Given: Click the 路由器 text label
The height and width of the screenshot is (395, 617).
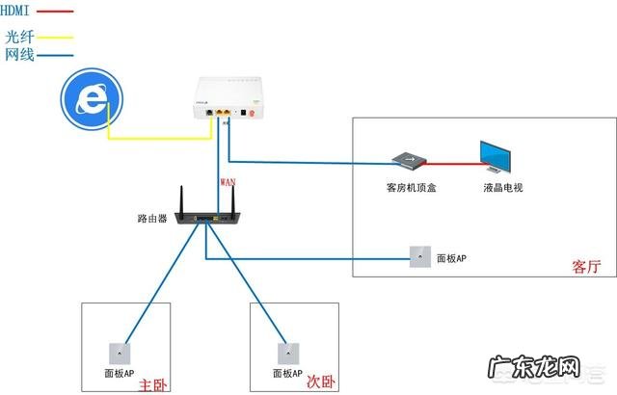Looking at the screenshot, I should click(x=153, y=219).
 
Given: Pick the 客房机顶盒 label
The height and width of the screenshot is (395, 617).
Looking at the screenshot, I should click(x=404, y=188).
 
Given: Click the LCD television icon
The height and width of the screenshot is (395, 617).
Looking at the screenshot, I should click(x=501, y=158).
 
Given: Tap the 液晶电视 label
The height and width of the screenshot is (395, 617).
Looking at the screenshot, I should click(x=502, y=188).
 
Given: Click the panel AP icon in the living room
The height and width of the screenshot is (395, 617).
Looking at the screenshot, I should click(x=419, y=257).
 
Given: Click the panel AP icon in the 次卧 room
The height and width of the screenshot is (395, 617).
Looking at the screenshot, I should click(x=283, y=351).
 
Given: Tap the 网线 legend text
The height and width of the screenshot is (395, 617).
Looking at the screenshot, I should click(x=18, y=55).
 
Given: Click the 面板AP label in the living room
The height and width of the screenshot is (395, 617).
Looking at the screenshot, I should click(x=452, y=259).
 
